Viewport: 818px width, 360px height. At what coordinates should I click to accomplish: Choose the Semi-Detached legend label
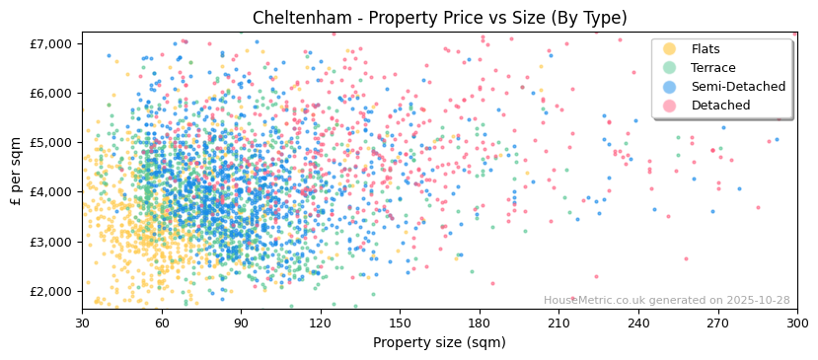(x=738, y=87)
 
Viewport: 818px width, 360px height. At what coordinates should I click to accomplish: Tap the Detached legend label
(x=721, y=106)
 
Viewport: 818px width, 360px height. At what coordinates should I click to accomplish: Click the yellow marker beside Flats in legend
(x=670, y=49)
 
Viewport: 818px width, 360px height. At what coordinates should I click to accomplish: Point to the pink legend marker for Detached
(x=670, y=106)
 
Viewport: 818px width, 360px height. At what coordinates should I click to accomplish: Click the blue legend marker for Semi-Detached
(x=670, y=87)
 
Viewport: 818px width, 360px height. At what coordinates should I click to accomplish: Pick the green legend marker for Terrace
(x=670, y=68)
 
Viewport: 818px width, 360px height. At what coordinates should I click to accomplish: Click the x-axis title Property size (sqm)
(x=439, y=343)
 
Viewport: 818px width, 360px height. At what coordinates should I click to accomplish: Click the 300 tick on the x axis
(x=796, y=323)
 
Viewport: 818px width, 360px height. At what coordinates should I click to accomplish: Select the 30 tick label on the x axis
(x=82, y=323)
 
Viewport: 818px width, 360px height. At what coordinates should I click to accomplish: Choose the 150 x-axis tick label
(x=400, y=323)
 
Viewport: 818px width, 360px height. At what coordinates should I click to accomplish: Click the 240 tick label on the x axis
(x=638, y=323)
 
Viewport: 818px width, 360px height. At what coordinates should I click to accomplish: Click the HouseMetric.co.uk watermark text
(x=666, y=301)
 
